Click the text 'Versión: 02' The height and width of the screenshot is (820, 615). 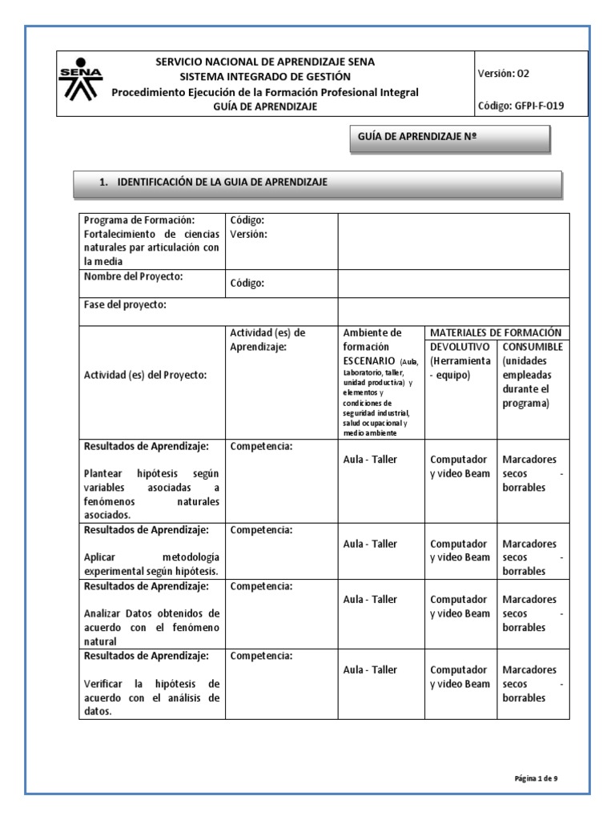tap(503, 73)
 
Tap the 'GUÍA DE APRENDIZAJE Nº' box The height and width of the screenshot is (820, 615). tap(450, 138)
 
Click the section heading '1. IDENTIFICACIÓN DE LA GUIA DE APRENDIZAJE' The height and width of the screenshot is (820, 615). tap(213, 183)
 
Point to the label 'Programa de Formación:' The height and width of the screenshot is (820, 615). tap(139, 220)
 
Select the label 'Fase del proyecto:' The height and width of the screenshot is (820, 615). tap(125, 304)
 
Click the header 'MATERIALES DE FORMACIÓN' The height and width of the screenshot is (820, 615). tap(495, 332)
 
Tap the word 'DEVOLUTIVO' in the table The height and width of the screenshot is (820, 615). tap(460, 347)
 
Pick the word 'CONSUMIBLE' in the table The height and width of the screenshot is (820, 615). tap(533, 347)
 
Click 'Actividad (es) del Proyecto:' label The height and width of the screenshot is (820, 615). tap(145, 376)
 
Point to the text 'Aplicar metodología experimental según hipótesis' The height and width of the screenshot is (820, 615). tap(151, 563)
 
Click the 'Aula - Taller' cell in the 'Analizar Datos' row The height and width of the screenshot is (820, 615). tap(370, 599)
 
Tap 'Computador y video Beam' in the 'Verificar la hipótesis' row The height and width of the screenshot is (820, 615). tap(460, 677)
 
